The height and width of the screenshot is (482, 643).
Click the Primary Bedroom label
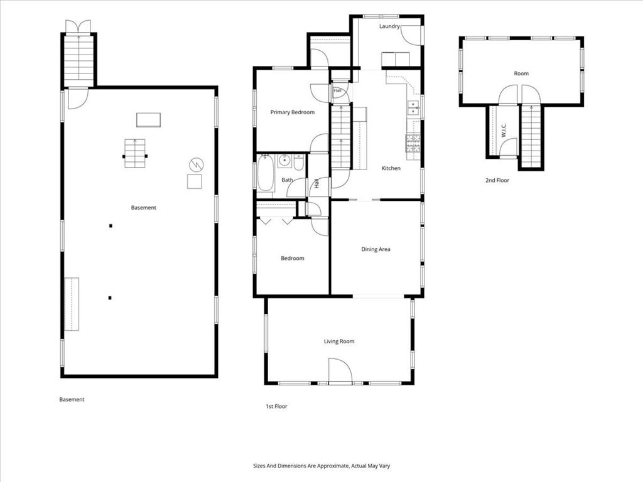[293, 112]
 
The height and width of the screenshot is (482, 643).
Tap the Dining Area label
[376, 249]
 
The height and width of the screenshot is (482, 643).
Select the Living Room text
[339, 341]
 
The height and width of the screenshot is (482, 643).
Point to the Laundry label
[389, 26]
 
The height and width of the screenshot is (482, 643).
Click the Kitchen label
[391, 168]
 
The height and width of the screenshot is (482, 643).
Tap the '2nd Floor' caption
[497, 180]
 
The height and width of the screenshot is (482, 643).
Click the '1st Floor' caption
[276, 407]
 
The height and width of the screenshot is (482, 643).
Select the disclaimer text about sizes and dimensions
[321, 466]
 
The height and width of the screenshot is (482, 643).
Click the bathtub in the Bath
[266, 173]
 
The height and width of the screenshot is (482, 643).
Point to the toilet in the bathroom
[298, 163]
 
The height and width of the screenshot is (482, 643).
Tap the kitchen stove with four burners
[413, 144]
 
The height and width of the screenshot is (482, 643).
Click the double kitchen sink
[413, 109]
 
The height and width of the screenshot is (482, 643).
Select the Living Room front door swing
[340, 370]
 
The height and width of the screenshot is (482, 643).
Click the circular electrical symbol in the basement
[197, 165]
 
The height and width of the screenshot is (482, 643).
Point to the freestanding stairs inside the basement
[135, 154]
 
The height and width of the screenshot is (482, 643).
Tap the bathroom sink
[284, 161]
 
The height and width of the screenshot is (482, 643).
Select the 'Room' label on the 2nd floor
[521, 74]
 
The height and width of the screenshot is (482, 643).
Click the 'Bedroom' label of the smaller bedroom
[293, 258]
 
